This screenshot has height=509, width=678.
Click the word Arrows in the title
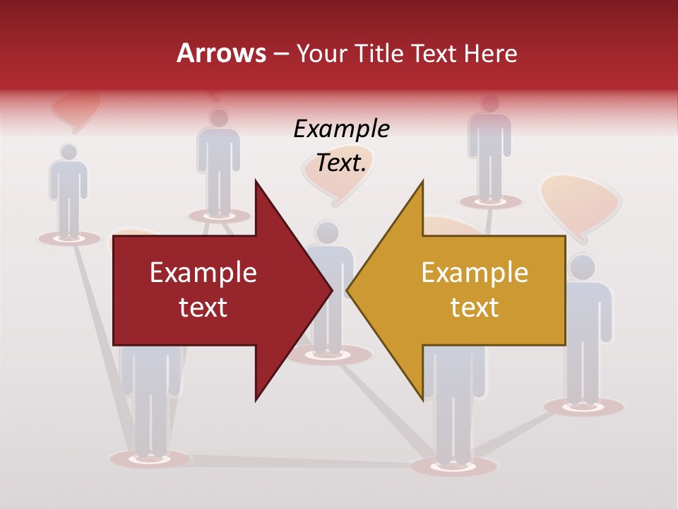[x=221, y=53]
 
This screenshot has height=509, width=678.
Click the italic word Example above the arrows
[x=341, y=129]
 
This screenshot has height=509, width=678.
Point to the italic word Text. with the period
[x=341, y=163]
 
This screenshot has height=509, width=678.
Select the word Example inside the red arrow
[x=203, y=272]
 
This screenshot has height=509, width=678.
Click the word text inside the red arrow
[x=203, y=307]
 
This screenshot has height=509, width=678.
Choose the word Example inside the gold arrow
[x=475, y=272]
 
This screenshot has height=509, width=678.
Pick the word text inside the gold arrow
[x=475, y=307]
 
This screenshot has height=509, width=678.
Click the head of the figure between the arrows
[x=327, y=232]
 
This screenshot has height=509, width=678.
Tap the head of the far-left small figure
[x=69, y=152]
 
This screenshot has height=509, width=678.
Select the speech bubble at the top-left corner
[x=76, y=110]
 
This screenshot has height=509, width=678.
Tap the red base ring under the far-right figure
[x=584, y=406]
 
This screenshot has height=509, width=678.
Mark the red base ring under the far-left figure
[x=69, y=238]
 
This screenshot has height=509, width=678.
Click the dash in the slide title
[x=280, y=54]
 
